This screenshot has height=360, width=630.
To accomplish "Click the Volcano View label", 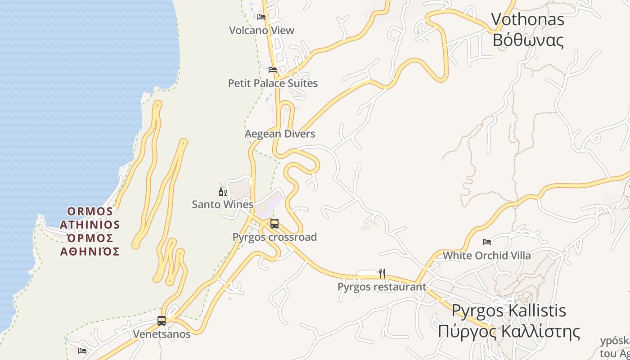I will click(x=261, y=31).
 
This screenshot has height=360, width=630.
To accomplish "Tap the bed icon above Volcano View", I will click(x=261, y=17).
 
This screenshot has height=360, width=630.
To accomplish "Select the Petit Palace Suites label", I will click(x=273, y=83).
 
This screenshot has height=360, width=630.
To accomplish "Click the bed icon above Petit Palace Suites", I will click(x=273, y=70).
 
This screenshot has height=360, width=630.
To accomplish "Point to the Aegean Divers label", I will click(x=280, y=134).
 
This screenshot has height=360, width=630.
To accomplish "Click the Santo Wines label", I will click(x=223, y=204).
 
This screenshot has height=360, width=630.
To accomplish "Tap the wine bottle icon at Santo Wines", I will click(x=222, y=192).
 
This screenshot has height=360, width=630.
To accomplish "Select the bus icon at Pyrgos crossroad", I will click(x=274, y=223).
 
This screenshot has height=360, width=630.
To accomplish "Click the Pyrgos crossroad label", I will click(x=274, y=237).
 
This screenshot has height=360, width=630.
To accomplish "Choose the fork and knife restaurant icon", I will click(x=382, y=273).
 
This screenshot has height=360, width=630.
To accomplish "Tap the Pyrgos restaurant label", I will click(x=382, y=287).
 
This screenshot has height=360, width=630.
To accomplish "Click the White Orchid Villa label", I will click(x=487, y=256).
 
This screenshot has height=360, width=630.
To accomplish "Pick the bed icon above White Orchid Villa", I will click(x=487, y=242).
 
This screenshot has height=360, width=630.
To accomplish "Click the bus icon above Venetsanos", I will click(x=162, y=321).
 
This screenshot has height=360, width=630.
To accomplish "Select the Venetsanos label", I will click(x=162, y=334).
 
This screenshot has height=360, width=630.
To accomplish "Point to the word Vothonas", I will click(x=527, y=19).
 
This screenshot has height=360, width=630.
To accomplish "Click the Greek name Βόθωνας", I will click(x=527, y=40).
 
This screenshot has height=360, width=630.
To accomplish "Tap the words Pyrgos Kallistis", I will click(x=508, y=310).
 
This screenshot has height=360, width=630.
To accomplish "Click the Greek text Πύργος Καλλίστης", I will click(x=508, y=332).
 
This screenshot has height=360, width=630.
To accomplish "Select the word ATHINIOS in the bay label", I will click(x=90, y=225).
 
